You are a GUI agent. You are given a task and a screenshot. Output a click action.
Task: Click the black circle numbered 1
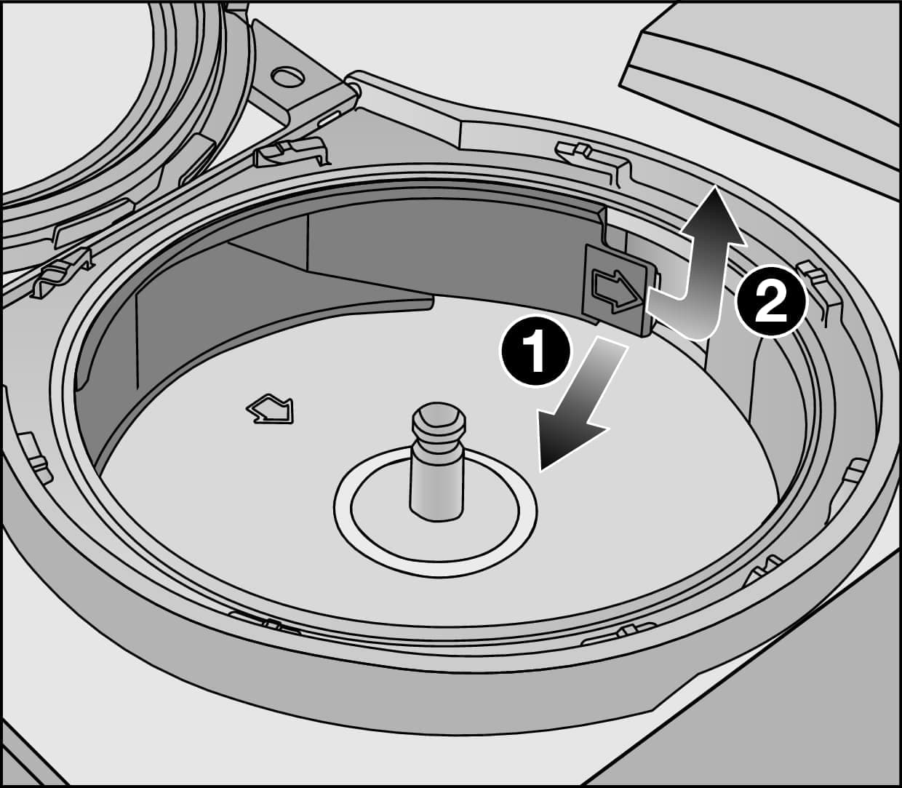(x=535, y=351)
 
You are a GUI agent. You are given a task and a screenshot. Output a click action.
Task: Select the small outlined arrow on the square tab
(x=615, y=290)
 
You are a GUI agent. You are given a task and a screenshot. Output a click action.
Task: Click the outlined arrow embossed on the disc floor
(x=271, y=407)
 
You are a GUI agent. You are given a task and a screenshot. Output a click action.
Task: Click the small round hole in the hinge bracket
(x=288, y=76)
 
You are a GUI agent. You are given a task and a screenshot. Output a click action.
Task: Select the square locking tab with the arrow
(x=617, y=290)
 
